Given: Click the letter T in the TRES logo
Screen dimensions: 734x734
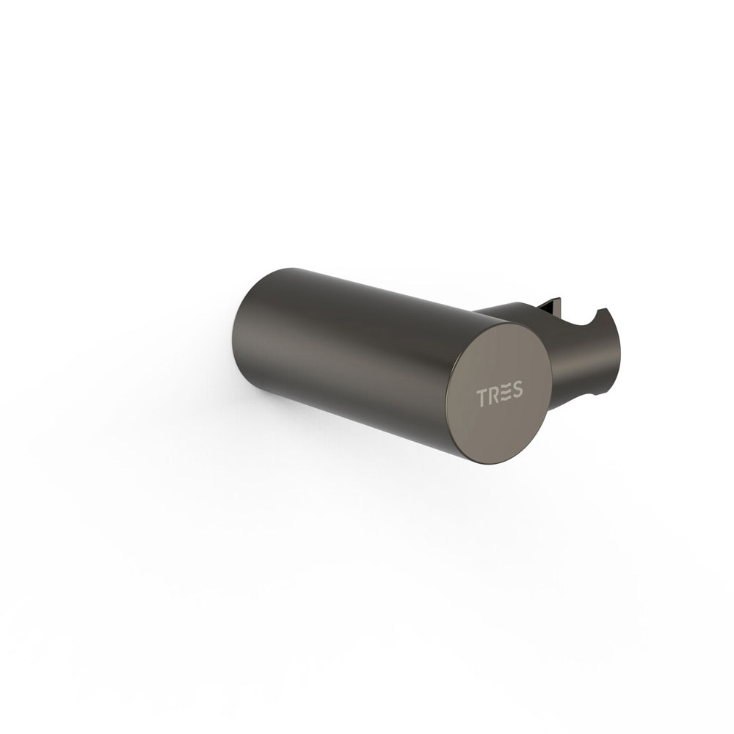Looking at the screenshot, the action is tap(483, 397).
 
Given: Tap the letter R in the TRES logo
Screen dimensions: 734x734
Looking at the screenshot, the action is tap(494, 395).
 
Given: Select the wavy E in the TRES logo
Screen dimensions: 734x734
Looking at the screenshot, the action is tap(506, 392).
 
